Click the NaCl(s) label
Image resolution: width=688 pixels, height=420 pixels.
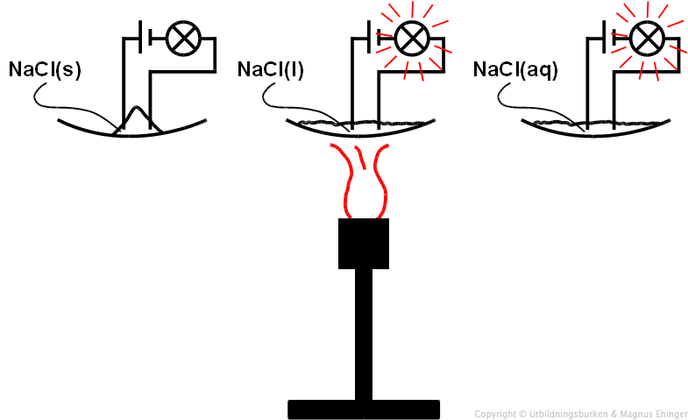coord(45,69)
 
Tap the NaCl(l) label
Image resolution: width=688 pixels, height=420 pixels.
coord(270,69)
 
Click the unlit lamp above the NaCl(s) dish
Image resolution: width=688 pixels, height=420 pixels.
coord(184,38)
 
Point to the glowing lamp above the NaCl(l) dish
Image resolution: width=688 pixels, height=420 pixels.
coord(410,38)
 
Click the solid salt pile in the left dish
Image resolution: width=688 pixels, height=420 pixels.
coord(136,121)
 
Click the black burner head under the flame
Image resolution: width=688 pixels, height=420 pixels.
coord(363,243)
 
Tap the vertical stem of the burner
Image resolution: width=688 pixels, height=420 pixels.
coord(363,333)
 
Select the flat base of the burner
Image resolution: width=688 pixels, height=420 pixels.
coord(363,409)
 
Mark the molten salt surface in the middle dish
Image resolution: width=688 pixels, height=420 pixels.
coord(394,122)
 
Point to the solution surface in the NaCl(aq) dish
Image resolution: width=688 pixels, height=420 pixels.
coord(631,122)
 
